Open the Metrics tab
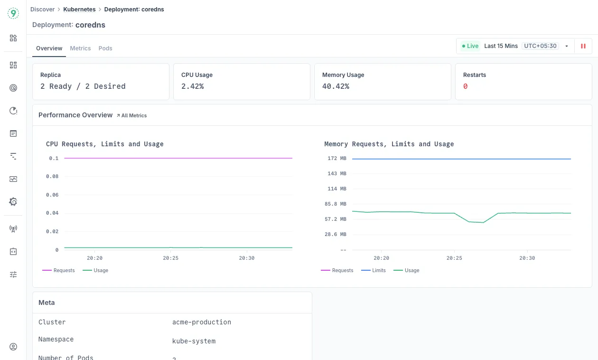tap(80, 48)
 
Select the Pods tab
tap(105, 48)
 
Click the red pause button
tap(583, 46)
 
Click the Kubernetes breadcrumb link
tap(79, 9)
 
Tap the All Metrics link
tap(132, 115)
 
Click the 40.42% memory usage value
tap(336, 86)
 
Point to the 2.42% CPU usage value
tap(193, 86)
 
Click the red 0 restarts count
tap(466, 86)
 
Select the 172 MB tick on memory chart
tap(337, 158)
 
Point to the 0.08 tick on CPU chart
tap(52, 177)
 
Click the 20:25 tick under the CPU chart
tap(171, 258)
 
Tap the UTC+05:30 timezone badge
tap(540, 46)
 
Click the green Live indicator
tap(470, 46)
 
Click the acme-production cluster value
tap(202, 322)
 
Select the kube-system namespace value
tap(194, 341)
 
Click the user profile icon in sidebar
tap(13, 347)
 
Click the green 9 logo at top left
tap(13, 13)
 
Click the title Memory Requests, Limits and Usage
tap(389, 144)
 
